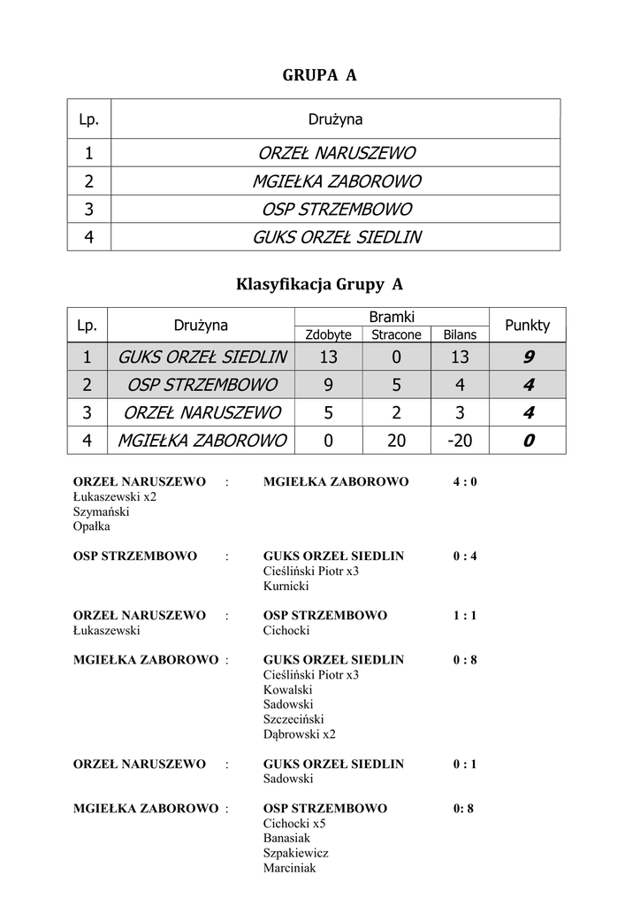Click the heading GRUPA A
point(319,76)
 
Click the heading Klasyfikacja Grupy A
point(319,284)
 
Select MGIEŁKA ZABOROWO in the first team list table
point(336,181)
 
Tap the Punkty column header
point(527,325)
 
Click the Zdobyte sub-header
point(328,334)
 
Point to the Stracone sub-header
point(396,334)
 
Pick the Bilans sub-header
point(460,334)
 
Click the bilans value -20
point(460,440)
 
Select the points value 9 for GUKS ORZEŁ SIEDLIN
point(528,357)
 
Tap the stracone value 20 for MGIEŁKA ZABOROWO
point(396,440)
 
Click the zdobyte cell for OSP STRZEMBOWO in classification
point(328,385)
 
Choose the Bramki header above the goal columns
point(392,316)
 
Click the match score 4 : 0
point(465,482)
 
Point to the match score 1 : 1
point(465,615)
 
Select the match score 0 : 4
point(465,557)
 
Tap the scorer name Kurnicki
point(286,586)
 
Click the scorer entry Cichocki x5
point(294,823)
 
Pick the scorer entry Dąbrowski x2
point(300,733)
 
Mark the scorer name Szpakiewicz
point(296,853)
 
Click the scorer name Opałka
point(92,526)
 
